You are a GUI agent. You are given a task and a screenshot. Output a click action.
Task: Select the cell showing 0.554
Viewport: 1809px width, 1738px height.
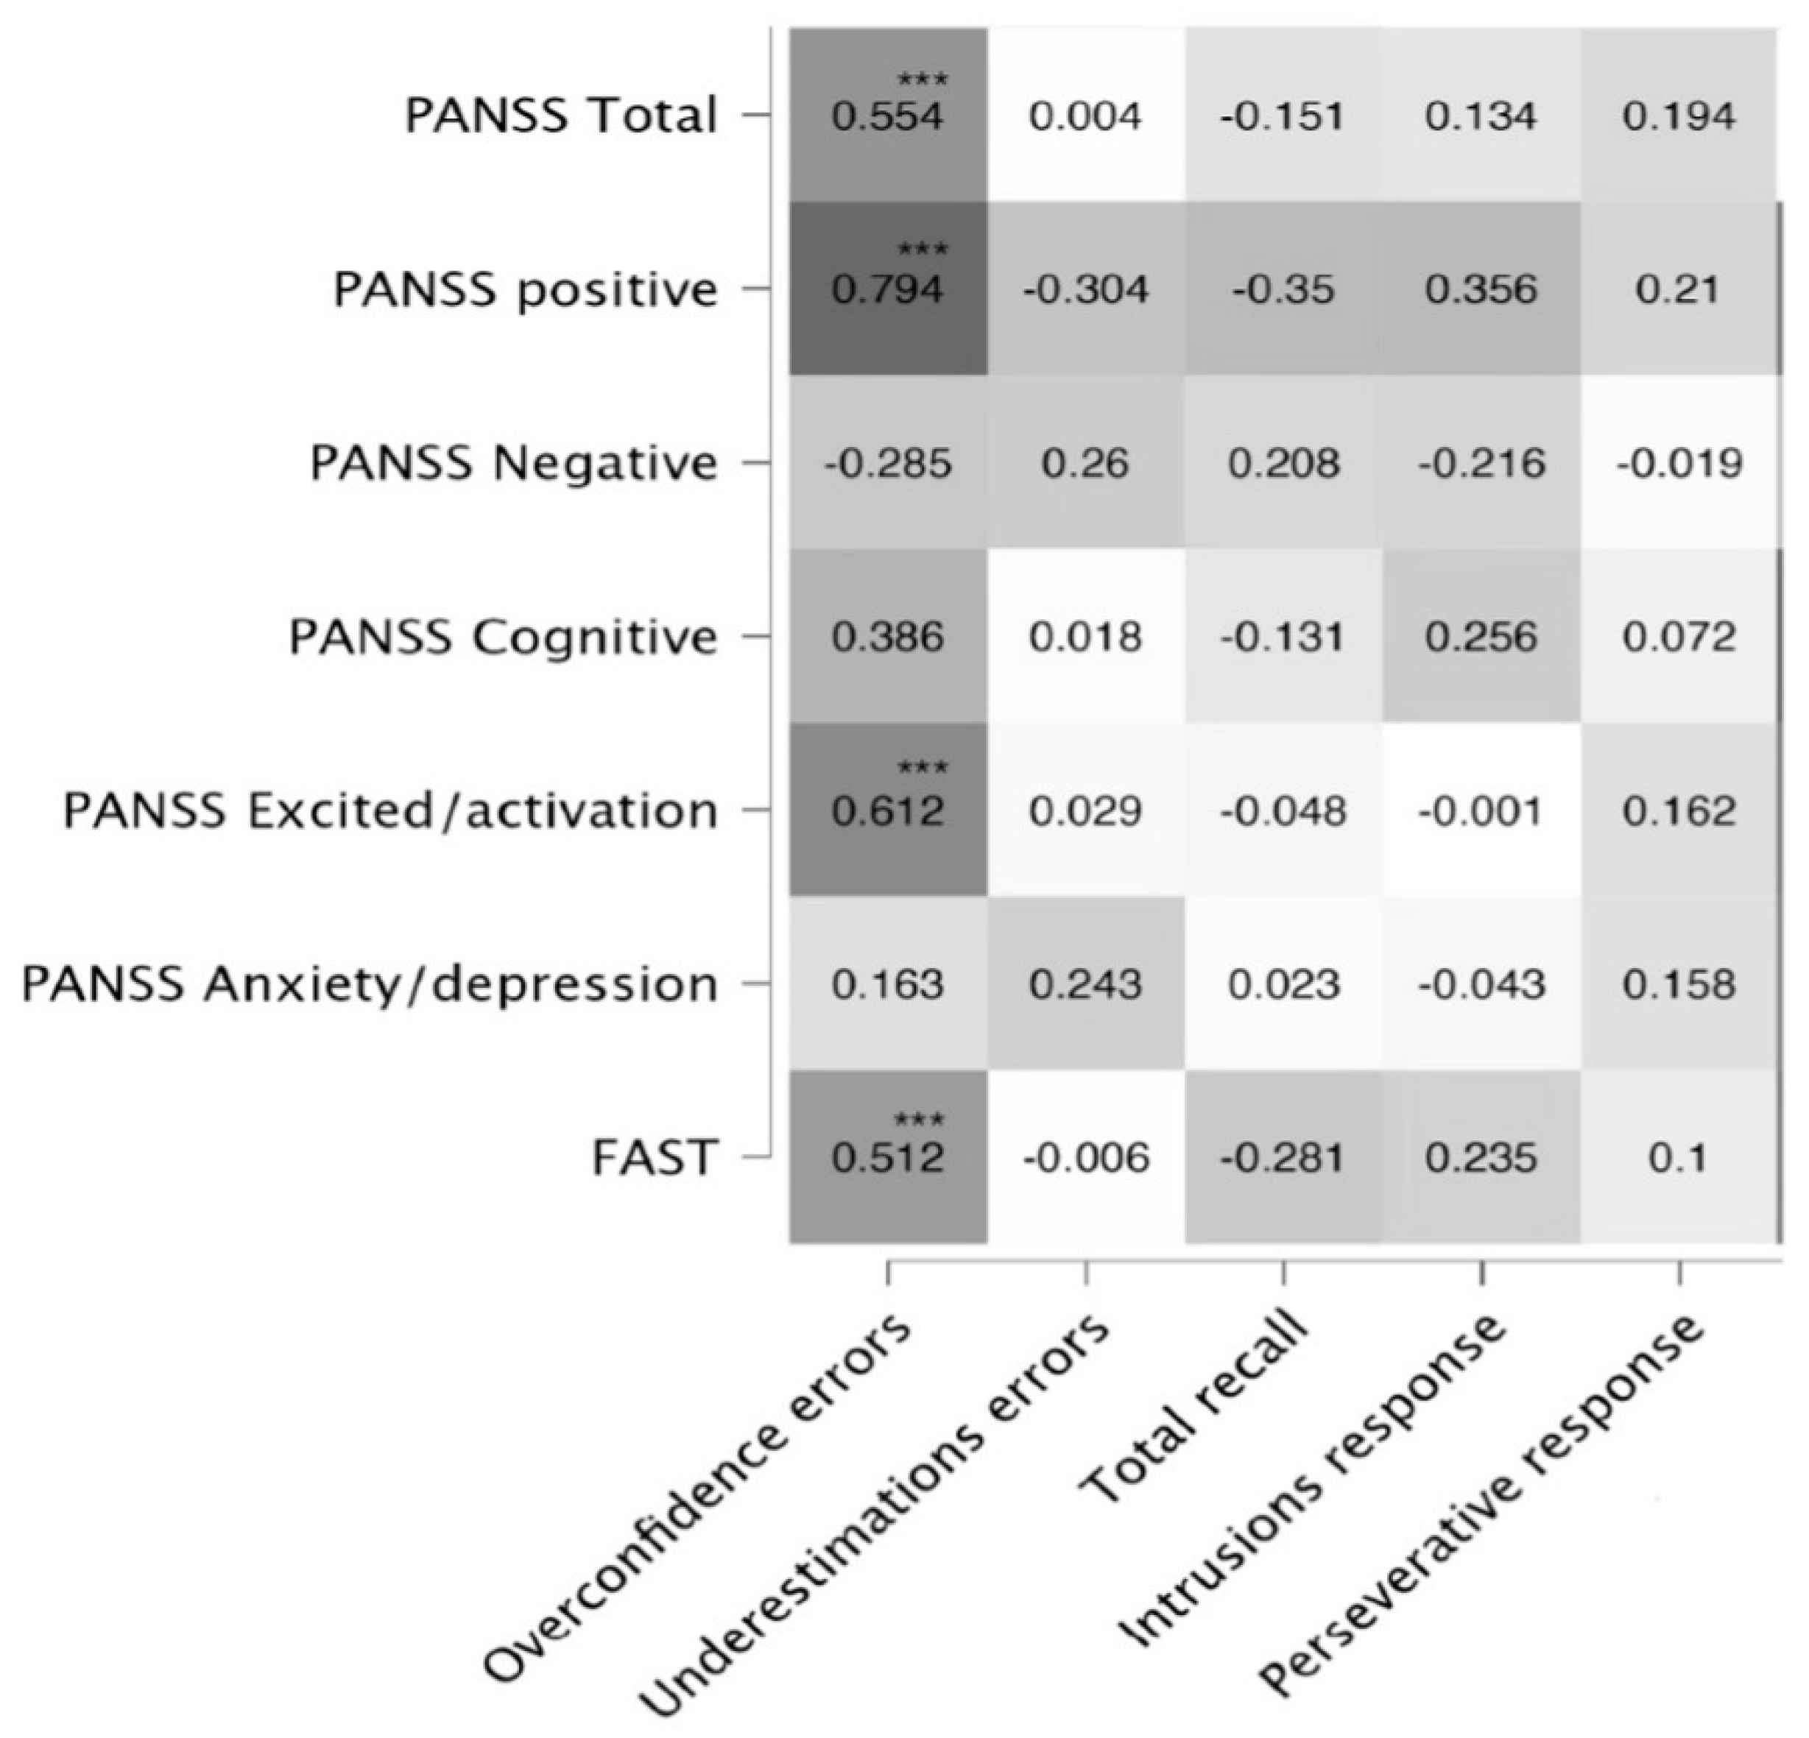coord(888,116)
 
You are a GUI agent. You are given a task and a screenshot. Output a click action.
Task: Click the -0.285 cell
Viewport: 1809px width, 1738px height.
coord(888,463)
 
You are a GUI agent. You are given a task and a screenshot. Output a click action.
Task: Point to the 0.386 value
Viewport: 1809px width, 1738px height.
coord(888,637)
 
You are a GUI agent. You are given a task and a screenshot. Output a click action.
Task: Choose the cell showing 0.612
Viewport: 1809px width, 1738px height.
coord(888,810)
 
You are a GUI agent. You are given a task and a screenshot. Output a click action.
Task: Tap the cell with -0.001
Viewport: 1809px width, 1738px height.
coord(1481,810)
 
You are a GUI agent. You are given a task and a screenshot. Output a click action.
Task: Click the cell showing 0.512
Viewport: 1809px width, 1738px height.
coord(888,1157)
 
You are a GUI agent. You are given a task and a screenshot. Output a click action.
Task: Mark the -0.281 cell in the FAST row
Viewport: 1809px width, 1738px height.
coord(1283,1157)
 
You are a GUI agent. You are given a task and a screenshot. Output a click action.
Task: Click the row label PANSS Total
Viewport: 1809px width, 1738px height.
coord(561,116)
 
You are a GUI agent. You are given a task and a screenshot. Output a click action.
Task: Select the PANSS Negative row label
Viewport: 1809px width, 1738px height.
coord(513,463)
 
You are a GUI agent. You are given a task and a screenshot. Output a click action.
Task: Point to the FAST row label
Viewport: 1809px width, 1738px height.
coord(654,1157)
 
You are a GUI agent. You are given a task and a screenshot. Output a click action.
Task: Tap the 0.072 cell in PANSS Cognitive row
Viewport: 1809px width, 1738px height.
coord(1678,637)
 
